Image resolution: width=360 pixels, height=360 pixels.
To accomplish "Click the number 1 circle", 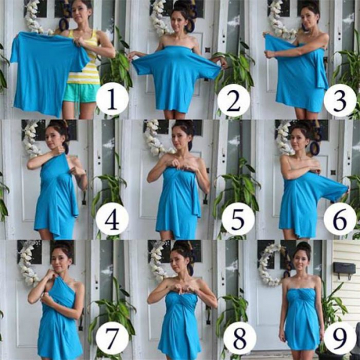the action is tap(112, 99).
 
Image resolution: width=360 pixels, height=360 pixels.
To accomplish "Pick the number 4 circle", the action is tap(112, 218).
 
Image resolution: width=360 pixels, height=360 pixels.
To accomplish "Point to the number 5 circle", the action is tap(238, 220).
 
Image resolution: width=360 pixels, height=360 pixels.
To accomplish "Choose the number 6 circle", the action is tap(340, 219).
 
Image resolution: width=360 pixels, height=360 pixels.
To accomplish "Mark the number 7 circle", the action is tap(112, 337).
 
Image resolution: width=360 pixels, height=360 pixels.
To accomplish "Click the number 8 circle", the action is tap(239, 338).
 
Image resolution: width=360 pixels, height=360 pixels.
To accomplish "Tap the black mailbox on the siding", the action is tap(344, 271).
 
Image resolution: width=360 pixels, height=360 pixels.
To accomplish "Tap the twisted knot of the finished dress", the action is tap(301, 296).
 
